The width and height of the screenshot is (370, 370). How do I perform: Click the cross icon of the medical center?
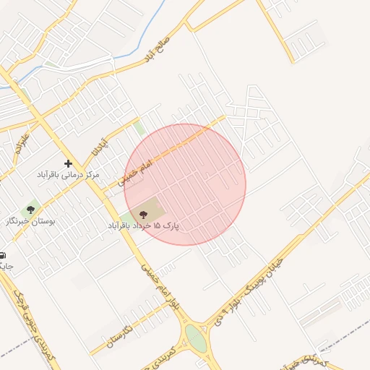point(68,164)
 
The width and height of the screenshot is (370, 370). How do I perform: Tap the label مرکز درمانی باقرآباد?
point(69,176)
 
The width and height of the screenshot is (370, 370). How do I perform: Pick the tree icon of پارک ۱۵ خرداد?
point(142,214)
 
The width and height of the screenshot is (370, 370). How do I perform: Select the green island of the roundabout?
point(195,337)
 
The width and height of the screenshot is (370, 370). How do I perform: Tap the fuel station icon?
point(2,255)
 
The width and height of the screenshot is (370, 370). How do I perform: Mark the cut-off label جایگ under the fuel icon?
point(6,266)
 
